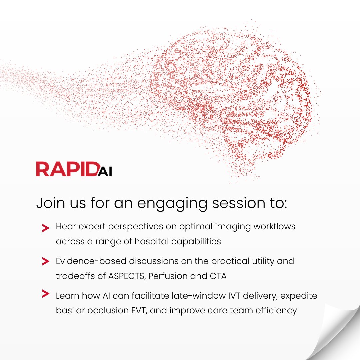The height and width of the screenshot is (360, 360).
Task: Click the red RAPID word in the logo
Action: (66, 169)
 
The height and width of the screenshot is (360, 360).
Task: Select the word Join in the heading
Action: (49, 203)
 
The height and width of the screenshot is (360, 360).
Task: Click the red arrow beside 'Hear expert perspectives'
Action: (46, 228)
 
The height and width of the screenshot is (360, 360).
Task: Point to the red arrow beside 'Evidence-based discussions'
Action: (46, 262)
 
